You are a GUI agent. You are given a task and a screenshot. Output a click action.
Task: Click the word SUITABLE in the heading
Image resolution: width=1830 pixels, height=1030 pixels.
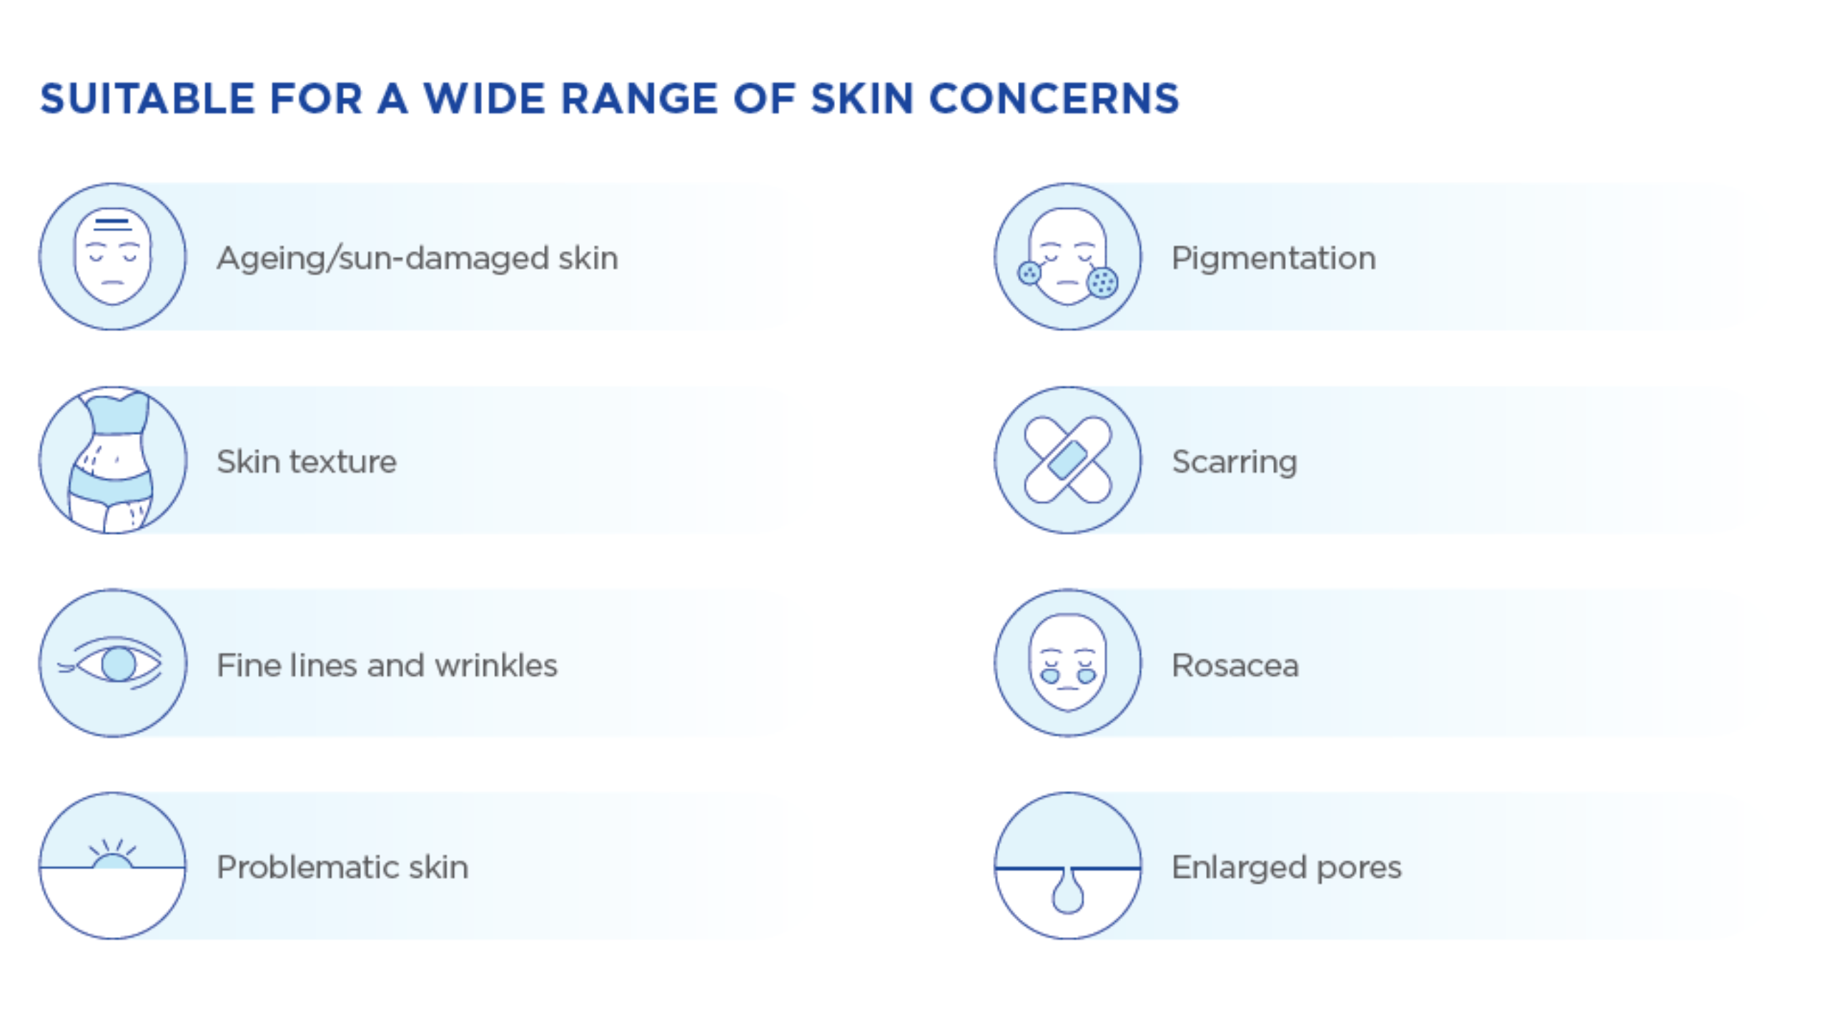click(147, 99)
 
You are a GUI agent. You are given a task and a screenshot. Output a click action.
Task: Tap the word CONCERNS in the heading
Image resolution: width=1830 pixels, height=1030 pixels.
click(1054, 99)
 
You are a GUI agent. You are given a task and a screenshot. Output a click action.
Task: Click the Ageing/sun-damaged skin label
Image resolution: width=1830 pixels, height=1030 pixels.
click(417, 259)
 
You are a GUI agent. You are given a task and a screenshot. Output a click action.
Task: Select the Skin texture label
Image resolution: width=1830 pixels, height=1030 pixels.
click(307, 461)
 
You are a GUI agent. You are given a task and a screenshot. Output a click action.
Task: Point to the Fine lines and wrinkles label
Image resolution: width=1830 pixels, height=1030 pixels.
click(387, 665)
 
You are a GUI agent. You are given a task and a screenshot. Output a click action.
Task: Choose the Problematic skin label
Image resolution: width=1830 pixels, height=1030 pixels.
click(342, 868)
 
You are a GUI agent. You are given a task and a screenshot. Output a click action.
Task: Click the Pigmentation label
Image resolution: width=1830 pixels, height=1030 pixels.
click(1274, 258)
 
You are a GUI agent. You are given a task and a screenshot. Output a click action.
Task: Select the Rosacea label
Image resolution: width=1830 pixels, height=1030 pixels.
click(1235, 666)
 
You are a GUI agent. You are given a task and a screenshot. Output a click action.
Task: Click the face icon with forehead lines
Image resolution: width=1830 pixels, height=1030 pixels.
click(113, 257)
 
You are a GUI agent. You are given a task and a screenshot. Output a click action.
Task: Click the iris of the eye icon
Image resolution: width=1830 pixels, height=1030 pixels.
click(118, 664)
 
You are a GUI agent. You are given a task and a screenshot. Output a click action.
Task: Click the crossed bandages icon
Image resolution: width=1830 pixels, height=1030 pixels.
click(1068, 460)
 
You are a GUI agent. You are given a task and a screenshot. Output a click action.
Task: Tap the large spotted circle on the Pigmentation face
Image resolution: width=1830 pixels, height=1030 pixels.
click(1102, 283)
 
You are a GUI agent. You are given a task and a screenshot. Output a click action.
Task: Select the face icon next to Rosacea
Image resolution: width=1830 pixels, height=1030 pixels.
click(1068, 662)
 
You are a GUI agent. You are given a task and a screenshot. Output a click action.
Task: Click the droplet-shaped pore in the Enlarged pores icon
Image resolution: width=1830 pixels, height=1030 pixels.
click(1068, 891)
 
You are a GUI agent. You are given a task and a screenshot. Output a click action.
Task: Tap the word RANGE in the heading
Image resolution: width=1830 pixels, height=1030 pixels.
click(639, 99)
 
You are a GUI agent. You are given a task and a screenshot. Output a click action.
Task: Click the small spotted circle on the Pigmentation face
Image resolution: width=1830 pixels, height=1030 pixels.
click(1029, 273)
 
